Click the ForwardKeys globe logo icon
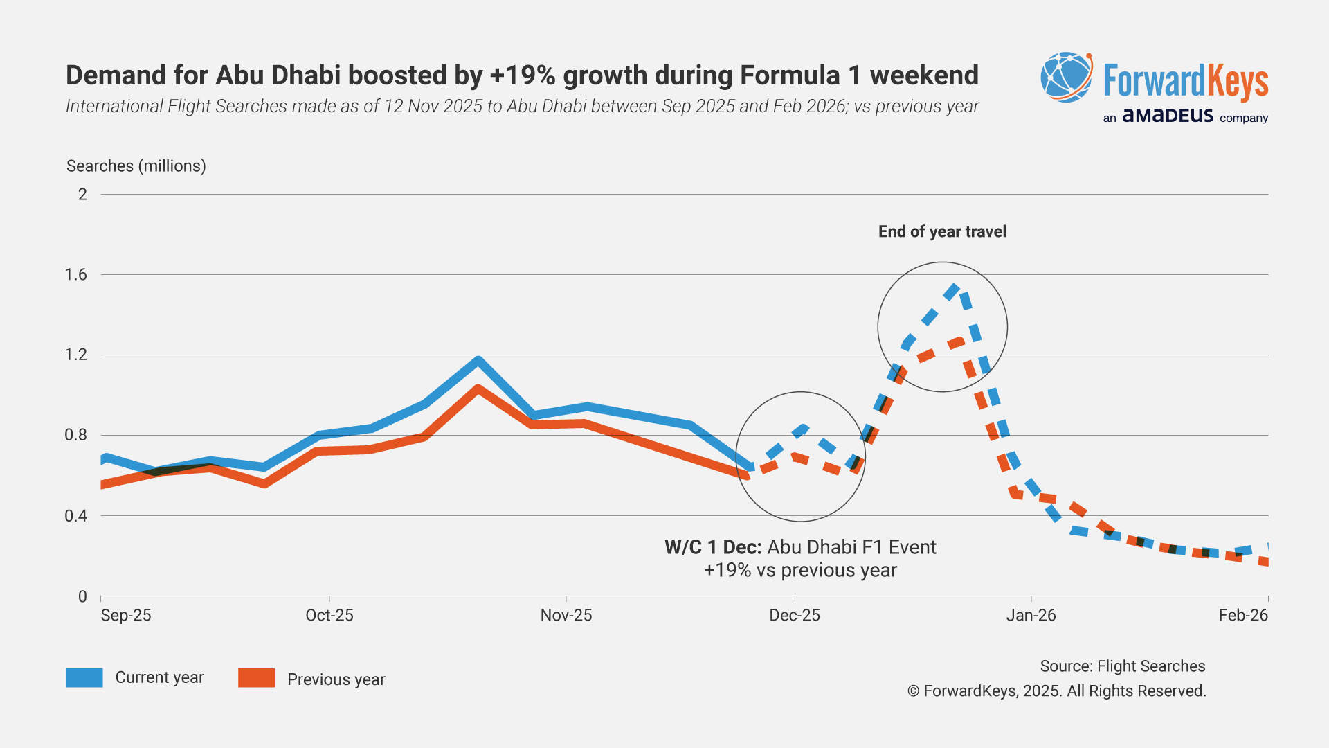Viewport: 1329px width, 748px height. [x=1067, y=78]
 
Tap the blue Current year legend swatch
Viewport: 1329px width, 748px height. [x=84, y=677]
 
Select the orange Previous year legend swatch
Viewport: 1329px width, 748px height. [x=256, y=678]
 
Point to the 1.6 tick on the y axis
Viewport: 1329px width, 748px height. [x=76, y=275]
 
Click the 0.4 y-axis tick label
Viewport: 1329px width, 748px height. [x=76, y=516]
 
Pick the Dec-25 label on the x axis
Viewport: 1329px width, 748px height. [x=795, y=615]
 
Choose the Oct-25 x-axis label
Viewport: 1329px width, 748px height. [x=329, y=615]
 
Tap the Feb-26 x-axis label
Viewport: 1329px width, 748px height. [x=1243, y=615]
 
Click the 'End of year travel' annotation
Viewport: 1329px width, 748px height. [x=942, y=232]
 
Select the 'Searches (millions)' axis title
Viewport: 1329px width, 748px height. [x=136, y=166]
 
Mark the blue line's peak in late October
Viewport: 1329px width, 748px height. [x=478, y=360]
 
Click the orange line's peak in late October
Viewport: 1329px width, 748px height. [x=478, y=389]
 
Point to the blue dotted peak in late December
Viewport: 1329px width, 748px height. [x=954, y=287]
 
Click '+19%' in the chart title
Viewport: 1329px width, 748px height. [x=523, y=75]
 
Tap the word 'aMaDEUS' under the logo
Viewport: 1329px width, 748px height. [x=1168, y=116]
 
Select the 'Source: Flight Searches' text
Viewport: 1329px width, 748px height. [x=1123, y=666]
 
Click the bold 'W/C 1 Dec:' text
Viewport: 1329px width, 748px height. [x=713, y=547]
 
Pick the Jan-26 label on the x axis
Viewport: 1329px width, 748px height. [x=1031, y=615]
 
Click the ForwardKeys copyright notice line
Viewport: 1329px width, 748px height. [x=1057, y=691]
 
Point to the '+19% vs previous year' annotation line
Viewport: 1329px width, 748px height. [x=800, y=571]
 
